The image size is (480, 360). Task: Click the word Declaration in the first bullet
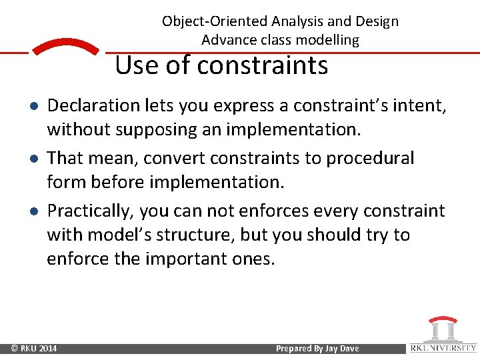pos(91,105)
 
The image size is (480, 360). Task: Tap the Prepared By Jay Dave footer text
pos(317,349)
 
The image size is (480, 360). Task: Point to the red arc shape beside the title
pos(65,49)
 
